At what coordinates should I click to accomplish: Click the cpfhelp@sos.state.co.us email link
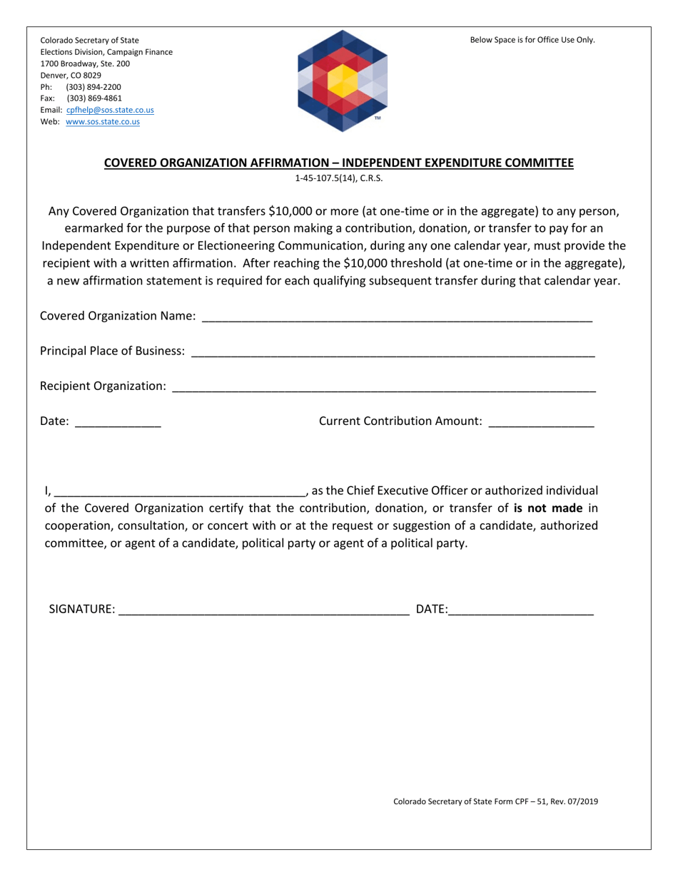(110, 110)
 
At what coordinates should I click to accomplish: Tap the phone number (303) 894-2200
(93, 87)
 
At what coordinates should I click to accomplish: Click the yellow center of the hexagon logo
(343, 80)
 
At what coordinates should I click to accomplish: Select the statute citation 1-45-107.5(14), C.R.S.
(339, 179)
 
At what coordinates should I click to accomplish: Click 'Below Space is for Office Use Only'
(532, 40)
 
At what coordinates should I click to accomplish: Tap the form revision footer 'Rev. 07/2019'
(575, 801)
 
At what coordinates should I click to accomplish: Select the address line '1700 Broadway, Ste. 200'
(85, 63)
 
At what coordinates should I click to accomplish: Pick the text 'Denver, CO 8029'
(71, 75)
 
